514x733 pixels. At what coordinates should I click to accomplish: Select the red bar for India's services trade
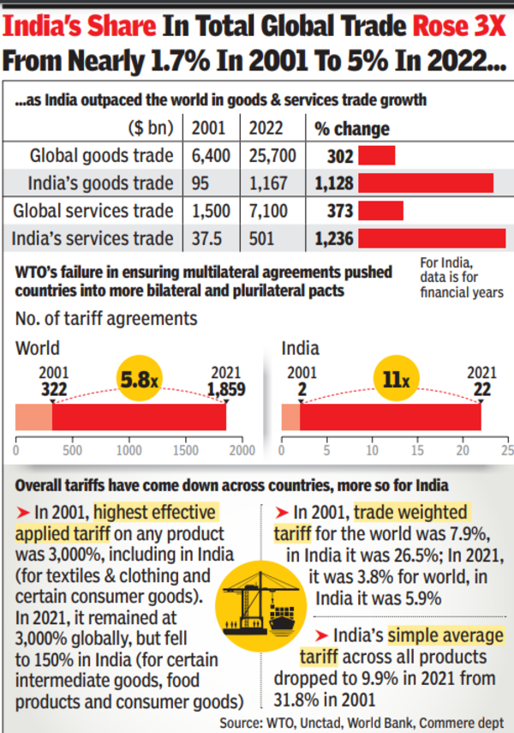[x=433, y=238]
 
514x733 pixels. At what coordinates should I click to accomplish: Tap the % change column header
[x=351, y=129]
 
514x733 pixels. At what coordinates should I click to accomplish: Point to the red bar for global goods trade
[x=376, y=156]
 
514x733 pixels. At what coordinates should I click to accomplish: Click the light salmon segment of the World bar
[x=34, y=417]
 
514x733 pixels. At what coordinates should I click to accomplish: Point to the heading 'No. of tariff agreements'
[x=106, y=318]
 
